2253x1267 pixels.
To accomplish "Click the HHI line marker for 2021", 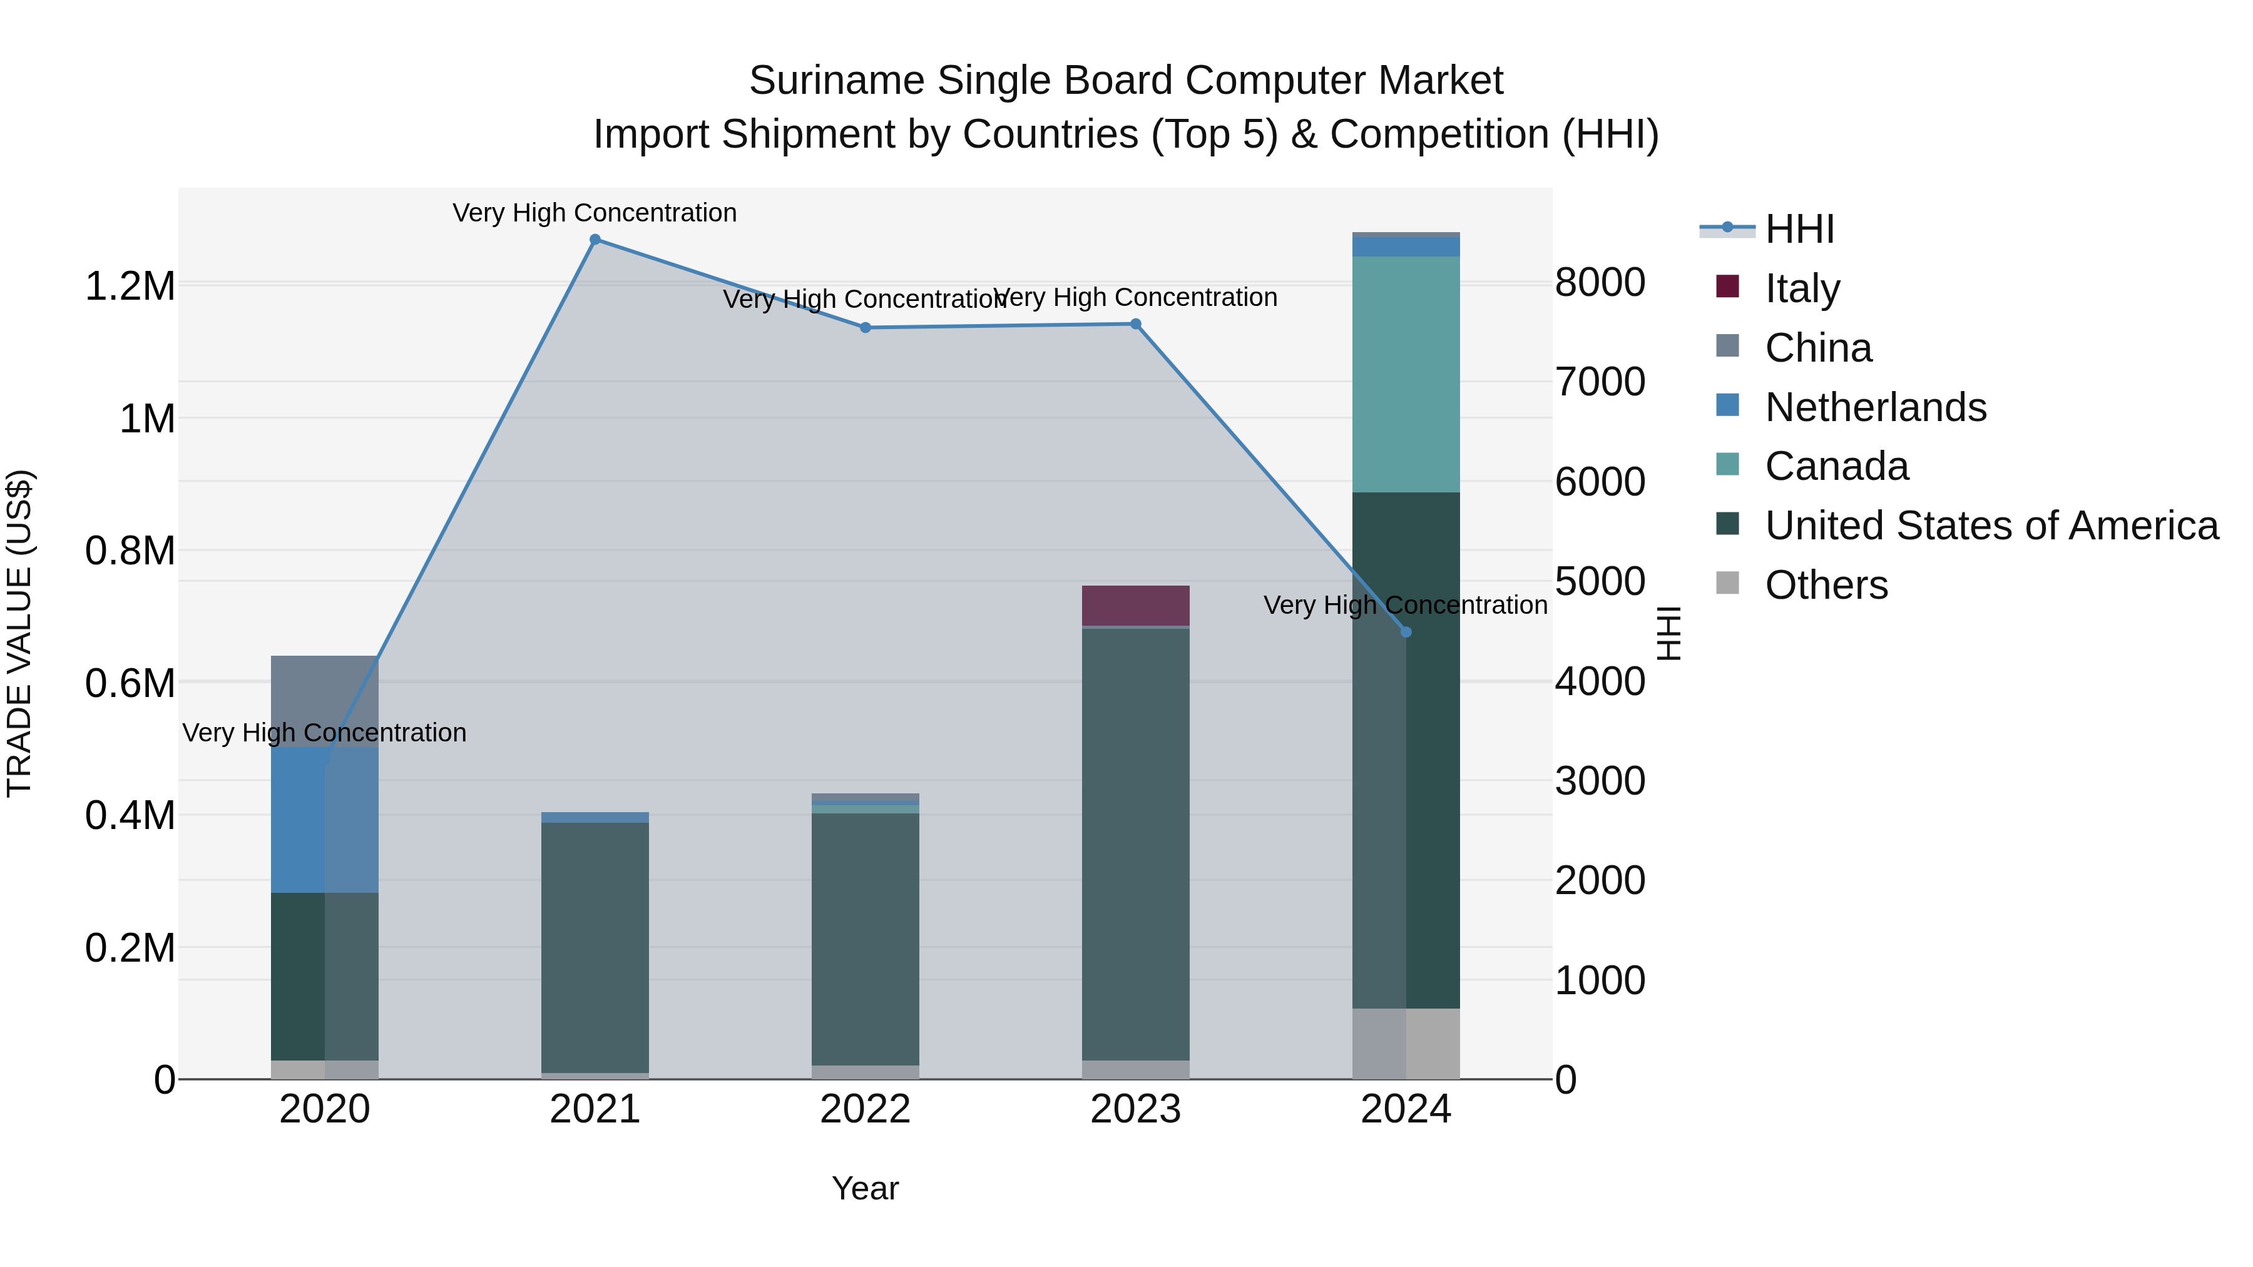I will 595,240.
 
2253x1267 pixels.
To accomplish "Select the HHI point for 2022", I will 865,328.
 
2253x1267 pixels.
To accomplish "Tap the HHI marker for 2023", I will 1135,324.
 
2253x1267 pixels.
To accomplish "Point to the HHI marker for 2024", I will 1406,632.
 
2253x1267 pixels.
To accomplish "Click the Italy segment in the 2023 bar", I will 1135,605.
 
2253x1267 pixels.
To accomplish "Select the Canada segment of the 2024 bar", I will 1406,374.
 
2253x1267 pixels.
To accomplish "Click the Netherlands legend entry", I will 1875,407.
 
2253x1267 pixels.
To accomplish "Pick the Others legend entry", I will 1826,585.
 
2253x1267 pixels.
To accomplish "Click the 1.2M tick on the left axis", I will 130,287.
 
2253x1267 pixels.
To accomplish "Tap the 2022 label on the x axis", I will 865,1109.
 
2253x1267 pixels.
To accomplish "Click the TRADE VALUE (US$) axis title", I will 19,633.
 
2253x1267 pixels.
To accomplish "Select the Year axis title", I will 865,1188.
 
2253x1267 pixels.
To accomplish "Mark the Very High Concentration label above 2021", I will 595,213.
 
